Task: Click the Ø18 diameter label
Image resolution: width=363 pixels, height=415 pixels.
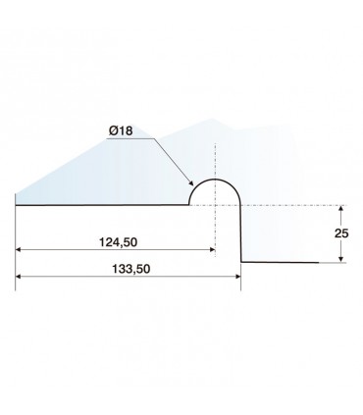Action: tap(121, 131)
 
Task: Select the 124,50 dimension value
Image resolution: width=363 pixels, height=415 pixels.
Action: tap(118, 242)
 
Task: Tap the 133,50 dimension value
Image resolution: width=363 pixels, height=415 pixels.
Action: tap(131, 269)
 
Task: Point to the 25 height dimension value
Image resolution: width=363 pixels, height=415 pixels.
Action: tap(341, 233)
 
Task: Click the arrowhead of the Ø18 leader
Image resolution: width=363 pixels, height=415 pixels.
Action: tap(191, 183)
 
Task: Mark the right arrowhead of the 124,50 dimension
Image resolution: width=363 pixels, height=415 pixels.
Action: tap(213, 249)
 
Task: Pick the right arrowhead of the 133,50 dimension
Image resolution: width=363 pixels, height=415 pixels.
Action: tap(237, 277)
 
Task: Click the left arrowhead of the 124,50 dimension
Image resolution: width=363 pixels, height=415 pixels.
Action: tap(19, 249)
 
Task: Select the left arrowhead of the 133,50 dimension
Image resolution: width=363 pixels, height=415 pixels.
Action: tap(19, 277)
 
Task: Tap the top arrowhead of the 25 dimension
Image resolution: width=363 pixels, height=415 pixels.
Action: tap(341, 208)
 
